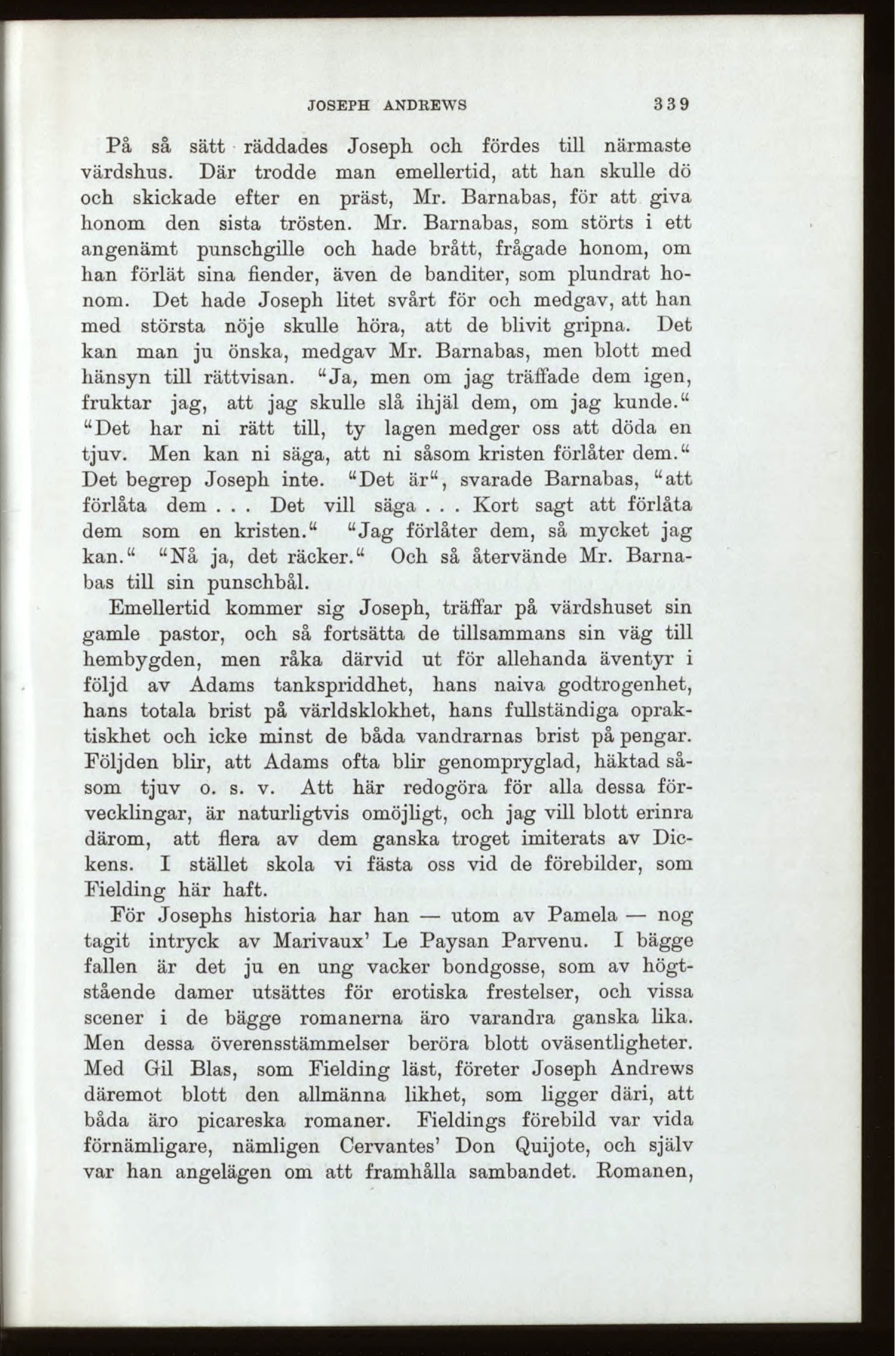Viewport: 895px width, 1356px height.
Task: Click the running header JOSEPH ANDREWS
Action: click(x=387, y=106)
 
